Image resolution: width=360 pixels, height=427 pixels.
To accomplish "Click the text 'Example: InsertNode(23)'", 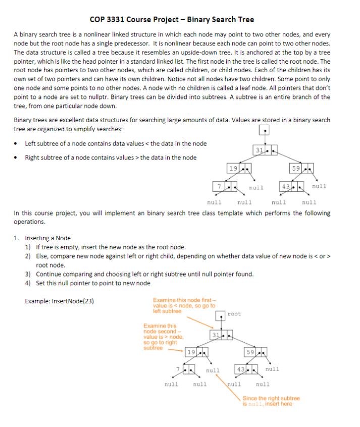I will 60,301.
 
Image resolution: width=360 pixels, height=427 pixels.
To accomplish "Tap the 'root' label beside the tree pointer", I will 234,314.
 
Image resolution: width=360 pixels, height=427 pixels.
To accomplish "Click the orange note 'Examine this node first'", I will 184,305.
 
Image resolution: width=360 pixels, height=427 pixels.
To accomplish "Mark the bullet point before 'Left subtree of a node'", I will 17,144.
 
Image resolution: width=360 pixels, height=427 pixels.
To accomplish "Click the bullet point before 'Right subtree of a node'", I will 17,157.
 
